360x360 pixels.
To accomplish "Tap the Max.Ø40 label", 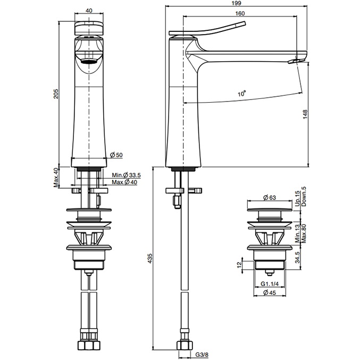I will (x=124, y=182).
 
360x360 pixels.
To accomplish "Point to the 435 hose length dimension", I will (x=150, y=258).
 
